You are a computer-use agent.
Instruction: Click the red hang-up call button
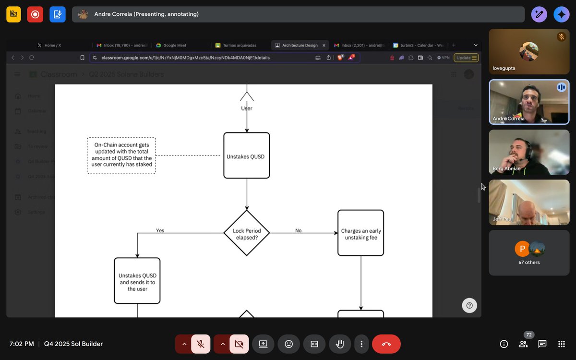386,344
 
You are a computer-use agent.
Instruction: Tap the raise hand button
340,344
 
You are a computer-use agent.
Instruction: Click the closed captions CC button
314,344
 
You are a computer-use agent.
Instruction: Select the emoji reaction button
288,344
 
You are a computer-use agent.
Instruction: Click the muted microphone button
201,344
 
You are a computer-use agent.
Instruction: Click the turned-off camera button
239,344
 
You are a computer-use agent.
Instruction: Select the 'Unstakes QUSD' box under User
247,156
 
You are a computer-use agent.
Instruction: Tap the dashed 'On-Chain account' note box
121,156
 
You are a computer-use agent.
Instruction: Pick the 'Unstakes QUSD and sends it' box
137,281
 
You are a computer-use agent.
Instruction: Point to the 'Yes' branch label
160,230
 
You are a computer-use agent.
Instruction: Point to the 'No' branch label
298,230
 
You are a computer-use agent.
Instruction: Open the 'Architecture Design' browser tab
299,45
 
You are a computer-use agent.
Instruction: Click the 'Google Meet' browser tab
175,45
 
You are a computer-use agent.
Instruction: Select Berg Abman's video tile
529,152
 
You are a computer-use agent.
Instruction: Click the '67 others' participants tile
529,252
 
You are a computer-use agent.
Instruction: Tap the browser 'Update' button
466,58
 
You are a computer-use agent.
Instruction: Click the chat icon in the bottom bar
542,344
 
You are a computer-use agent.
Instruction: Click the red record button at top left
35,14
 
